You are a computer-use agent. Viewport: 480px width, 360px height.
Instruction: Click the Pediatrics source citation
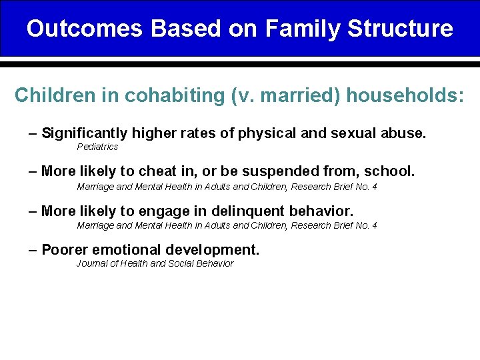click(97, 147)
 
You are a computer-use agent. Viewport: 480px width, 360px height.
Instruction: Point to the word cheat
click(157, 172)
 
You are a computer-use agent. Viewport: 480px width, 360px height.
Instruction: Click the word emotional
click(121, 250)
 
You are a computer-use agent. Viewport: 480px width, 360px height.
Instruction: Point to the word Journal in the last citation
click(91, 264)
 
